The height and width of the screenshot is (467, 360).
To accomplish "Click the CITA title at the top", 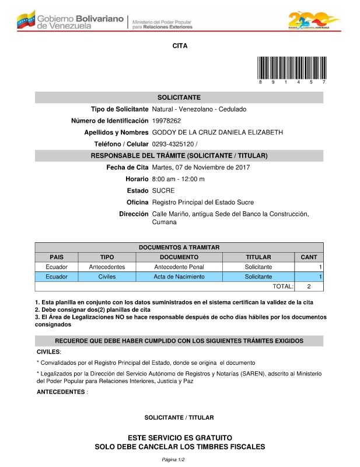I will (180, 46).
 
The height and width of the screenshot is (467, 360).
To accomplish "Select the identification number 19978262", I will (166, 121).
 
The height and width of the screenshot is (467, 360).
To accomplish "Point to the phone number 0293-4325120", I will (173, 144).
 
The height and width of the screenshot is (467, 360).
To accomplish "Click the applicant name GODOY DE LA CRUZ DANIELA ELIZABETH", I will (217, 133).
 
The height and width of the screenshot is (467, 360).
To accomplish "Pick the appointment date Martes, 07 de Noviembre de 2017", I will (201, 168).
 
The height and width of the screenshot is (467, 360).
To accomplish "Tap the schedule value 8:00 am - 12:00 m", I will (178, 179).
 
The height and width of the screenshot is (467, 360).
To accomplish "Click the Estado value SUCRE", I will (163, 191).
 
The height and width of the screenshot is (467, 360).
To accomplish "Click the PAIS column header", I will (57, 257).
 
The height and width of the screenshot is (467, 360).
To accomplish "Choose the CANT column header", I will (309, 257).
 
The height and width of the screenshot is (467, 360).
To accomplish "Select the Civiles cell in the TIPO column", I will (107, 277).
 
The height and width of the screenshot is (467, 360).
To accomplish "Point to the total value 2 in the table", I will (309, 287).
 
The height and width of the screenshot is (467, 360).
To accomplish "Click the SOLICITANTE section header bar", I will (179, 97).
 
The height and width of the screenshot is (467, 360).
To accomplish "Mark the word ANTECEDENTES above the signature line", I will (61, 392).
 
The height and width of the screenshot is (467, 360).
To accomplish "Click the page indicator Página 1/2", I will (173, 460).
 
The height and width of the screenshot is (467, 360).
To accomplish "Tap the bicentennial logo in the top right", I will (313, 20).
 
